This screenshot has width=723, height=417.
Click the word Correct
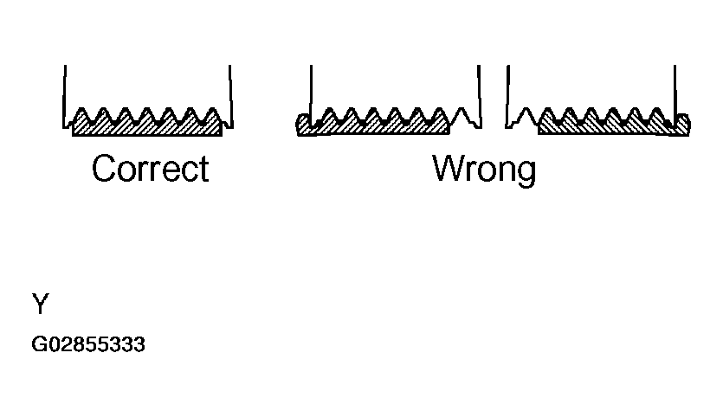tap(150, 169)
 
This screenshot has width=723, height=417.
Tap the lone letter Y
tap(41, 305)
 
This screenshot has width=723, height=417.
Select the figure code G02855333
tap(88, 346)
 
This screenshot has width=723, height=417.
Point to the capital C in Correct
tap(104, 169)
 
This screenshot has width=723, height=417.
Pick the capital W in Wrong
tap(449, 169)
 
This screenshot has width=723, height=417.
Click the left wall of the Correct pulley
tap(65, 95)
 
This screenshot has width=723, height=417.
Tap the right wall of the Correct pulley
tap(230, 95)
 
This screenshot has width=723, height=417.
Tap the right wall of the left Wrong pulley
tap(479, 95)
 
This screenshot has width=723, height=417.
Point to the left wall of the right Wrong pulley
tap(508, 95)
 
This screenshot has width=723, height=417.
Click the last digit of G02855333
tap(140, 346)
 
